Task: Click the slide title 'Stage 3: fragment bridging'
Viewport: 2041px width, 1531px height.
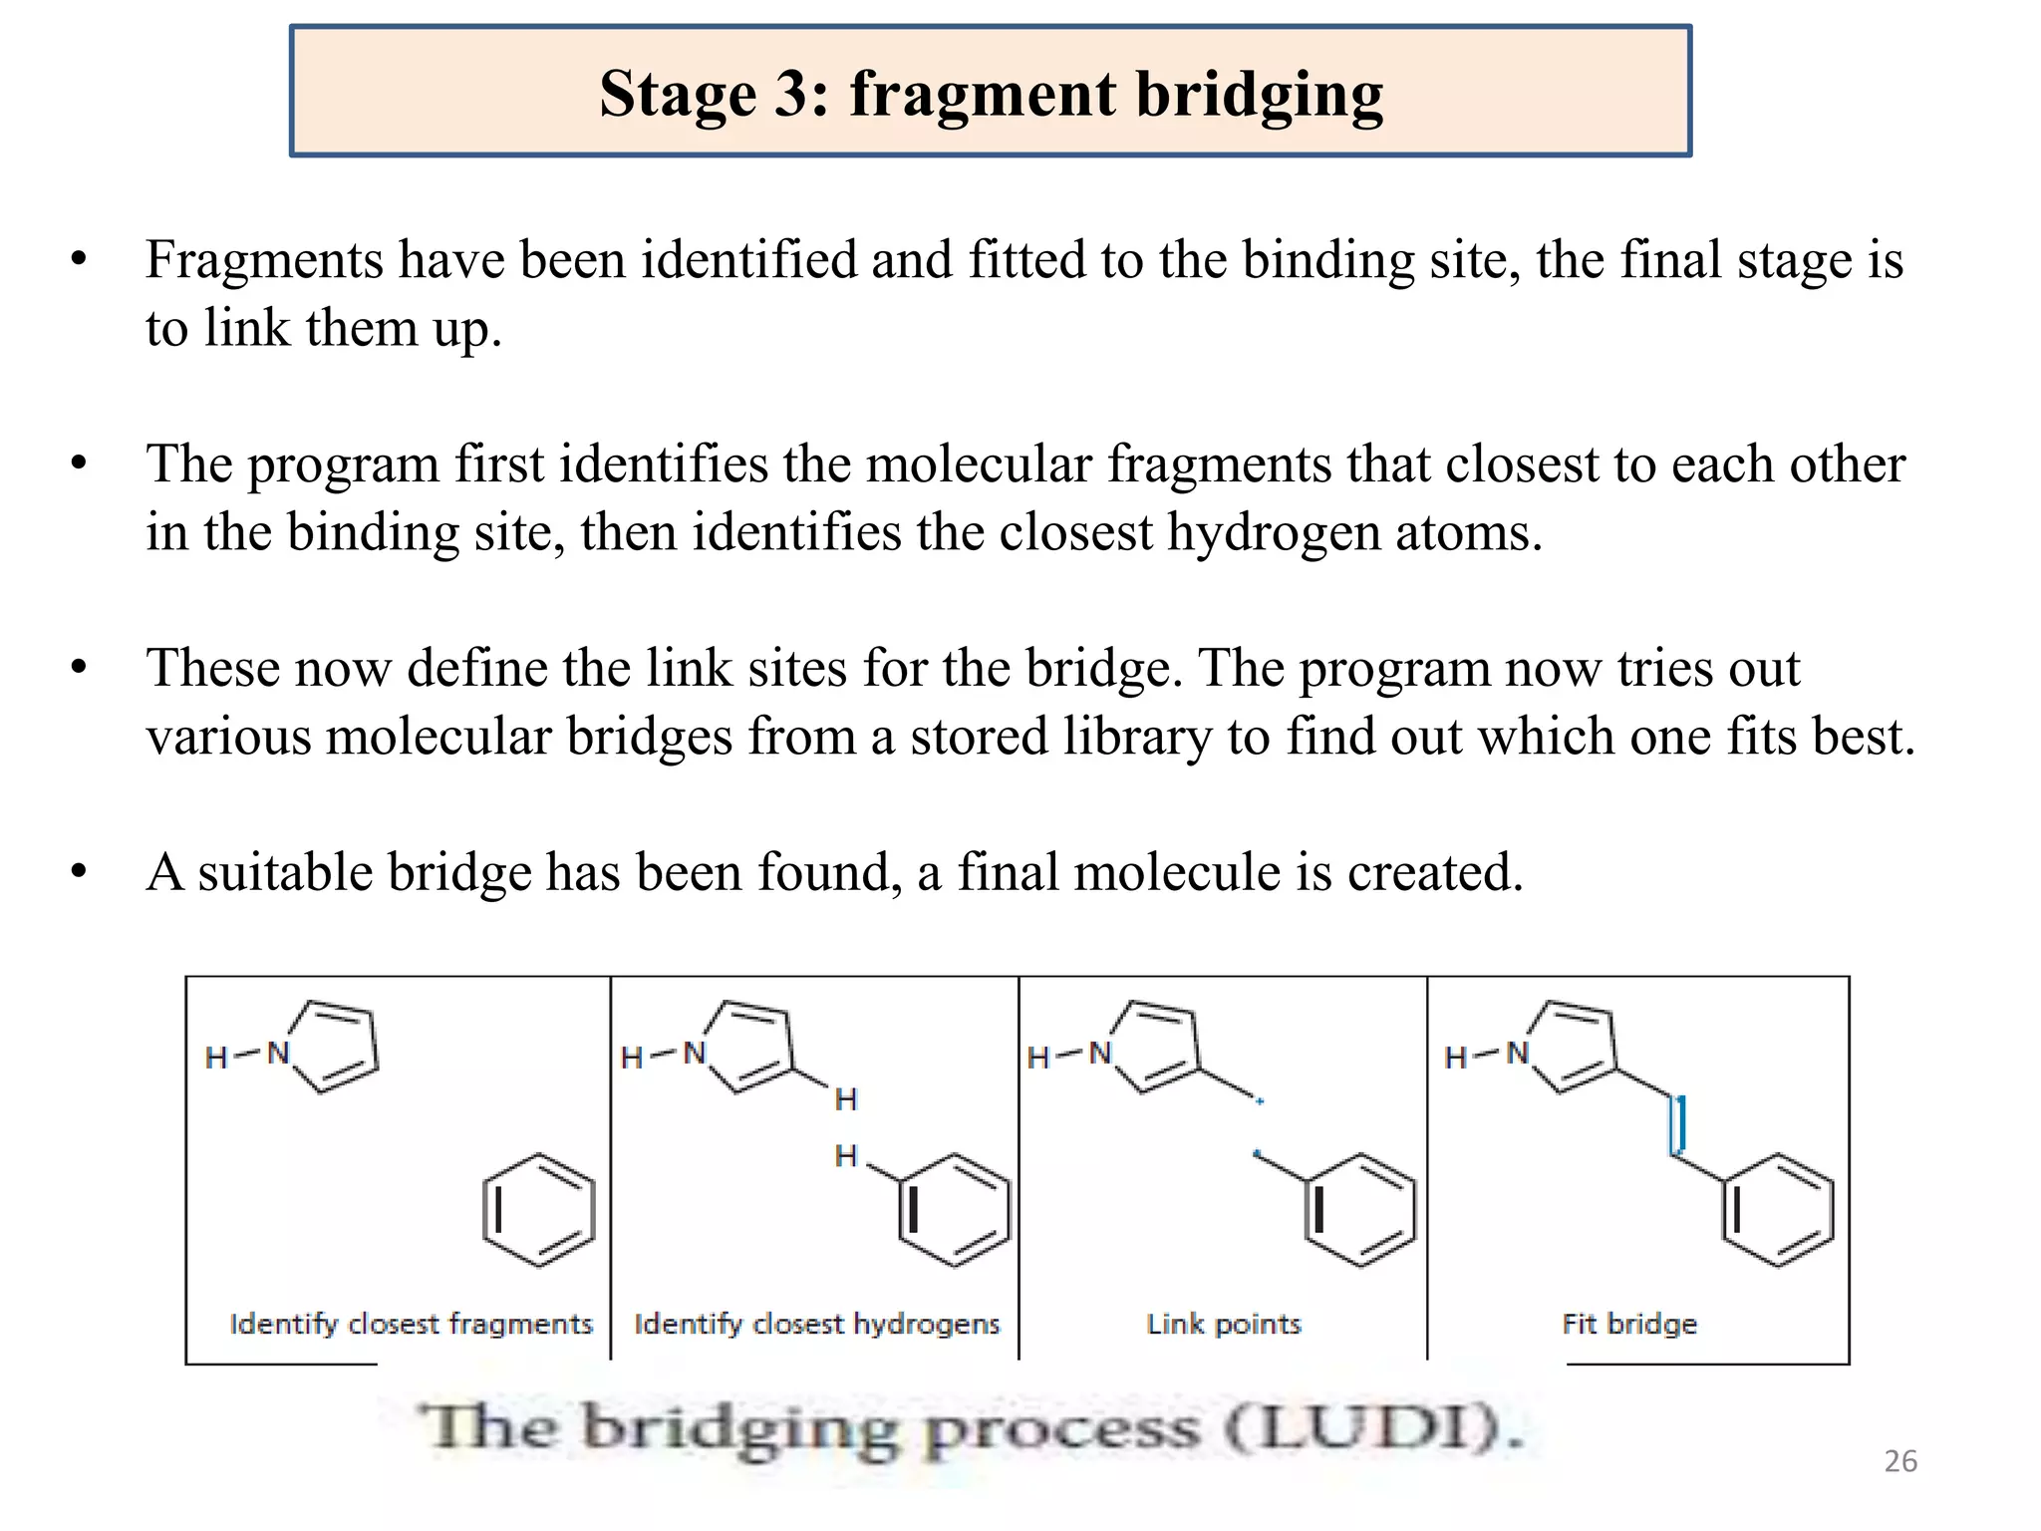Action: [991, 94]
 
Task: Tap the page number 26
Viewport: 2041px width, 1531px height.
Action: [1900, 1461]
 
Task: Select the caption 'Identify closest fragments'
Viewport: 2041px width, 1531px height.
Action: [411, 1324]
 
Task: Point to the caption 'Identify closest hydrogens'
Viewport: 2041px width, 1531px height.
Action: [816, 1324]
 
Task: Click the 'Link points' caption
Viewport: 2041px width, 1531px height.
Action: [1224, 1324]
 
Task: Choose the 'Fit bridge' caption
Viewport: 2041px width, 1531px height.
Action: [1629, 1324]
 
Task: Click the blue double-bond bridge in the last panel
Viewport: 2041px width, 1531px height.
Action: [1679, 1125]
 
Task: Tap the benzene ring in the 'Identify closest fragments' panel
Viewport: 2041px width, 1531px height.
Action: [539, 1210]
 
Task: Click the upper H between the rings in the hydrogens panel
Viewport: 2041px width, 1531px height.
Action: [846, 1099]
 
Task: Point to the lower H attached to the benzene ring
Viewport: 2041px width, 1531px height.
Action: [846, 1156]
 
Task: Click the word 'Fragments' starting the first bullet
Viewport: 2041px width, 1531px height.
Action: [264, 260]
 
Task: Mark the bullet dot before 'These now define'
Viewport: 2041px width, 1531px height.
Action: [80, 668]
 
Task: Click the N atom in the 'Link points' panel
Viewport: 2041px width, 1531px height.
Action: [1100, 1053]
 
